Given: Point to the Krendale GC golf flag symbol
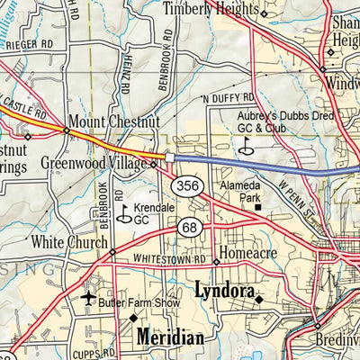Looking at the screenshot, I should click(123, 212).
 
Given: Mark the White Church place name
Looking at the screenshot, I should click(68, 241).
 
